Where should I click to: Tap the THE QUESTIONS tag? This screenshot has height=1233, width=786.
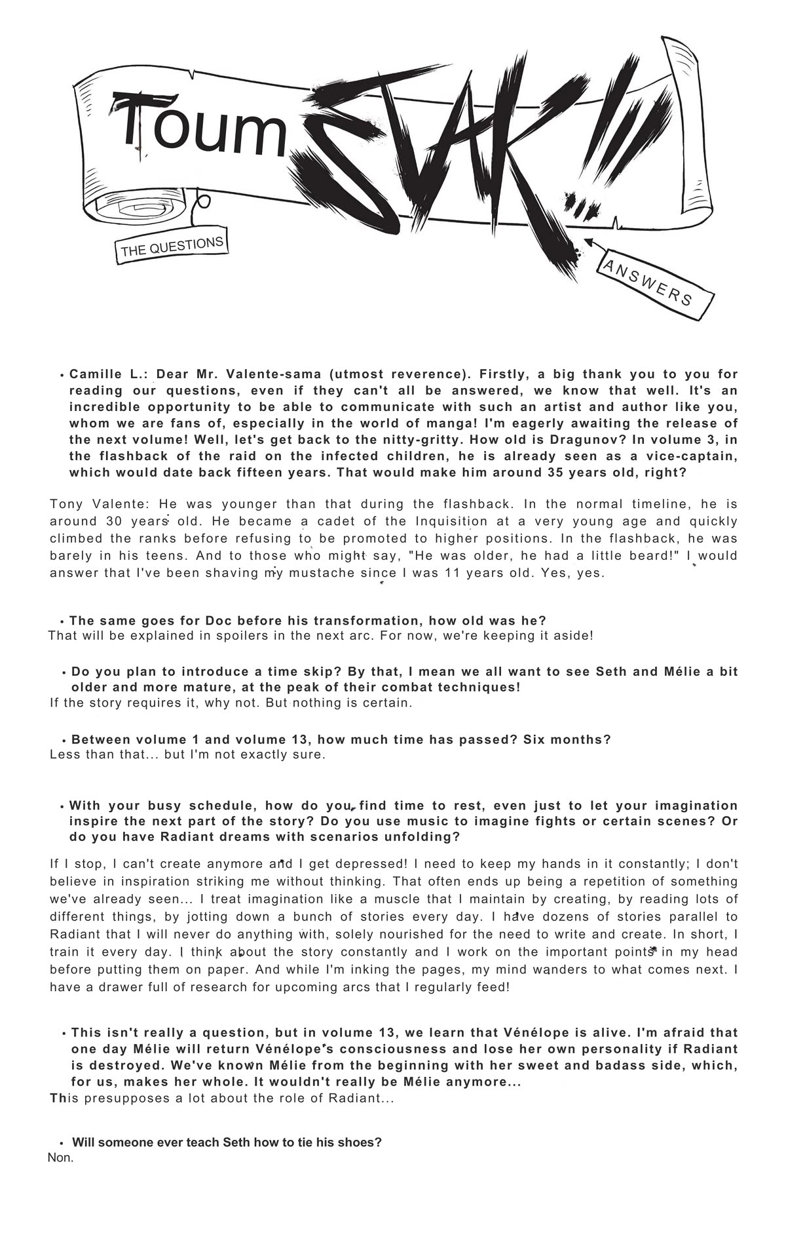click(172, 247)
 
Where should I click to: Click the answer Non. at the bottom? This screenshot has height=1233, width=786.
click(60, 1158)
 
